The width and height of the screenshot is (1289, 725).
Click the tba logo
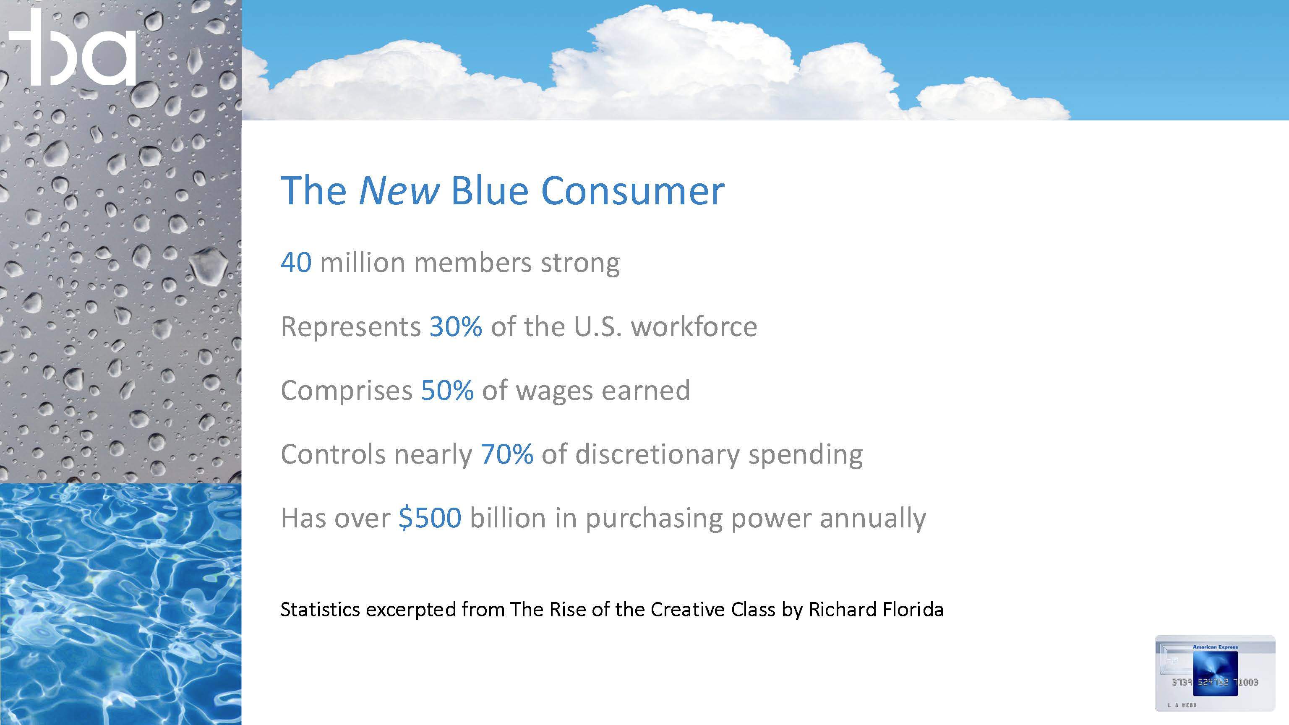click(x=73, y=47)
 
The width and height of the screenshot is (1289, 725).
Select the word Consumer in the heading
click(x=633, y=190)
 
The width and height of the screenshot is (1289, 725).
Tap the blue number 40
click(x=296, y=263)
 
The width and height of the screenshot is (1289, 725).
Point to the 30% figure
click(x=456, y=327)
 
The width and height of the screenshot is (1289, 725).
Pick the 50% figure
click(x=447, y=390)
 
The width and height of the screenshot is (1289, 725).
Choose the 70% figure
click(x=507, y=454)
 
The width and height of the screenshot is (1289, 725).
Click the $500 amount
click(x=430, y=518)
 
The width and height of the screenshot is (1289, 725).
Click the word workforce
click(x=694, y=327)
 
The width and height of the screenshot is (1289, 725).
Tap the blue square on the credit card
click(x=1215, y=673)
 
